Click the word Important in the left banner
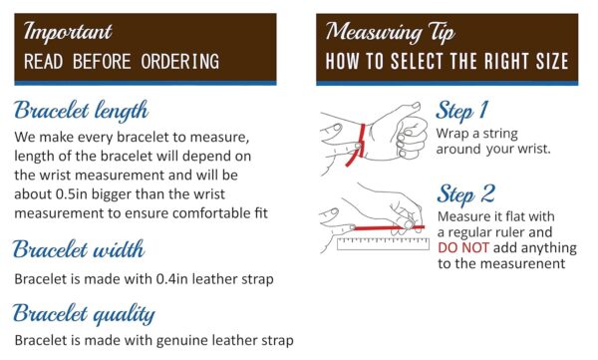pyautogui.click(x=68, y=32)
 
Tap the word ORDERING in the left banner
pyautogui.click(x=180, y=62)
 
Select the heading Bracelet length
pyautogui.click(x=81, y=111)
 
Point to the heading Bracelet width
pyautogui.click(x=79, y=249)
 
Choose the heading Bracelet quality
pyautogui.click(x=84, y=314)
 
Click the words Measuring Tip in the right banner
pyautogui.click(x=390, y=32)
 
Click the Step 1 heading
pyautogui.click(x=461, y=111)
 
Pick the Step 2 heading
pyautogui.click(x=466, y=194)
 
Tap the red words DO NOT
pyautogui.click(x=463, y=247)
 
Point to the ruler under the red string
pyautogui.click(x=383, y=243)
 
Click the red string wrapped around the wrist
pyautogui.click(x=358, y=145)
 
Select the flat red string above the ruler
pyautogui.click(x=389, y=228)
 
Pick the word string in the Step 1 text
pyautogui.click(x=500, y=134)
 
